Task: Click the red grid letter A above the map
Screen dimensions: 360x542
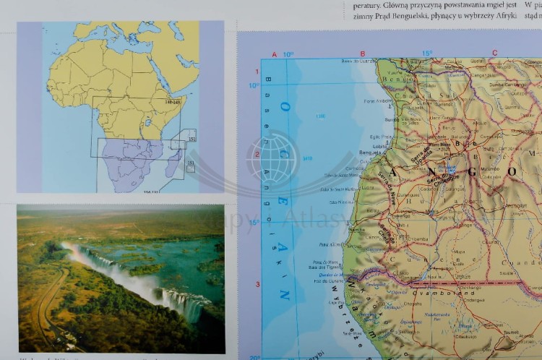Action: coord(275,54)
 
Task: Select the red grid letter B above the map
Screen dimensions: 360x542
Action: coord(363,53)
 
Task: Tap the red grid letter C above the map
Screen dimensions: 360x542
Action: coord(495,53)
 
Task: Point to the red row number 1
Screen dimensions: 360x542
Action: coord(257,72)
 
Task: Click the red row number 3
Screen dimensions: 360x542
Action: coord(257,284)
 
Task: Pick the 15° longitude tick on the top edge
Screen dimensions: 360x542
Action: coord(427,53)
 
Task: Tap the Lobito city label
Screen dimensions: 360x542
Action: coord(379,145)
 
